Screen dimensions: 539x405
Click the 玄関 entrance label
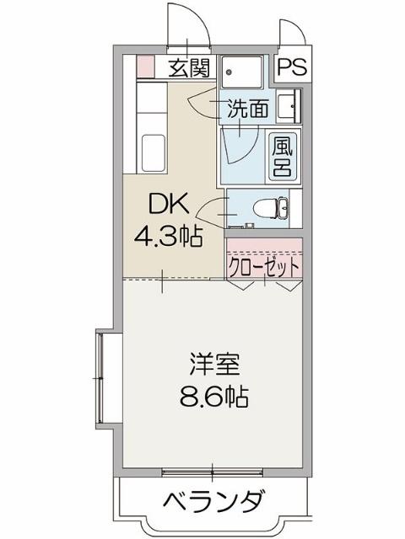tap(188, 68)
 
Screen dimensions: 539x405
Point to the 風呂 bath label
tap(282, 156)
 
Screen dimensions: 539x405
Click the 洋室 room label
tap(216, 366)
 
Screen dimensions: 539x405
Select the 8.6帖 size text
tap(216, 396)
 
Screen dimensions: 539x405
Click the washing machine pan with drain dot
tap(245, 71)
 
